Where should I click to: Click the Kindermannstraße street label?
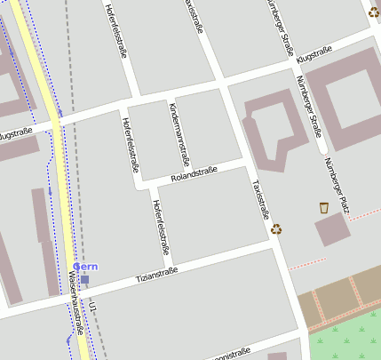pos(179,134)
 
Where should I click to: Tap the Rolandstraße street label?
pos(194,174)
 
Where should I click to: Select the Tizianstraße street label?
pos(156,276)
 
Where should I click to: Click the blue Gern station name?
pos(85,267)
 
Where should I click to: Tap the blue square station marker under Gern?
pos(84,279)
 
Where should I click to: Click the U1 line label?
pos(92,307)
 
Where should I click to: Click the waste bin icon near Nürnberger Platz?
pos(324,207)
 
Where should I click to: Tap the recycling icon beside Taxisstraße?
pos(277,228)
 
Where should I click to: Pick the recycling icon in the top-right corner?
pos(374,12)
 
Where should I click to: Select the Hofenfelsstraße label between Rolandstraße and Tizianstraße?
pos(159,226)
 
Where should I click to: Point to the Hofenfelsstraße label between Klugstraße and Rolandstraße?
pos(131,143)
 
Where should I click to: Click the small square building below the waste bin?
pos(331,229)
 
